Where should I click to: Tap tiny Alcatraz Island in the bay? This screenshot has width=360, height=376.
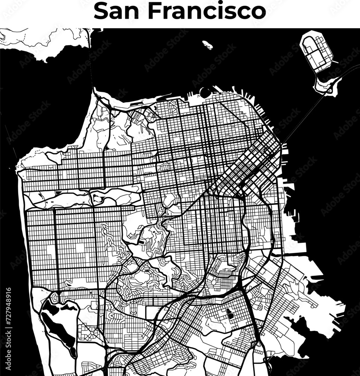(x=207, y=45)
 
